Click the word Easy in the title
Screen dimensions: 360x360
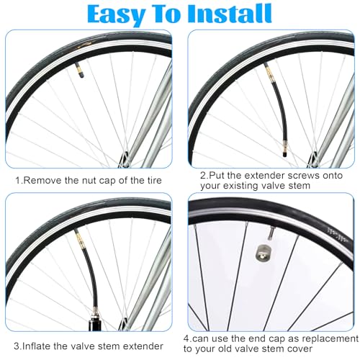coord(115,14)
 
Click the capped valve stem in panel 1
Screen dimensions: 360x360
coord(79,70)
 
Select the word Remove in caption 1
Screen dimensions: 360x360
coord(42,180)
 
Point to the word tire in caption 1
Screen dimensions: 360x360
coord(154,180)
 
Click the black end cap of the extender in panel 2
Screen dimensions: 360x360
coord(285,154)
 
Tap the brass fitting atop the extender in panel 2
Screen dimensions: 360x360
coord(269,71)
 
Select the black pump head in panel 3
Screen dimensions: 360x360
coord(95,323)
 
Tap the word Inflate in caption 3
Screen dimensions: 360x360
coord(36,346)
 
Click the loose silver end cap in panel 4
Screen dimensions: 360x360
coord(263,255)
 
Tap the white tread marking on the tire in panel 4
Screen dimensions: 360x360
coord(338,235)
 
